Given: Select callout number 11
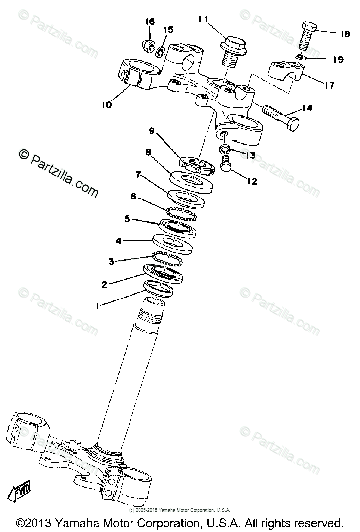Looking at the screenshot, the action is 203,19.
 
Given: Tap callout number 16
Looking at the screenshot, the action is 150,21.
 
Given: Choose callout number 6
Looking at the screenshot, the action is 133,196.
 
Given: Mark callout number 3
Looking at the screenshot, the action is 111,261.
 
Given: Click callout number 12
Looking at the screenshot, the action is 252,181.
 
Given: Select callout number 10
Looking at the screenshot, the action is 107,104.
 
